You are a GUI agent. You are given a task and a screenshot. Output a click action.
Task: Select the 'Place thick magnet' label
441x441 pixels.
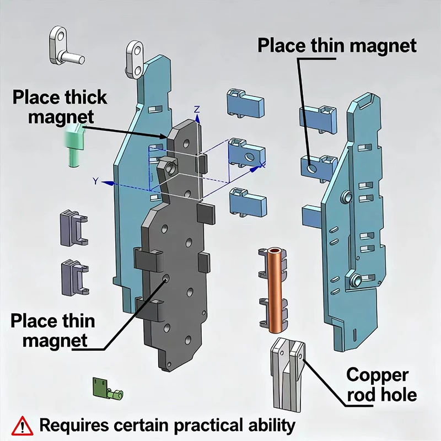coord(60,107)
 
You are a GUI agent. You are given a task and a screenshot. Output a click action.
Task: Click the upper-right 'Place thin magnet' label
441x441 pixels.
coord(337,45)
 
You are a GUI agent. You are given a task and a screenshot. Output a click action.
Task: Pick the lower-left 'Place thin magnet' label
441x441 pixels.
coord(52,330)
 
